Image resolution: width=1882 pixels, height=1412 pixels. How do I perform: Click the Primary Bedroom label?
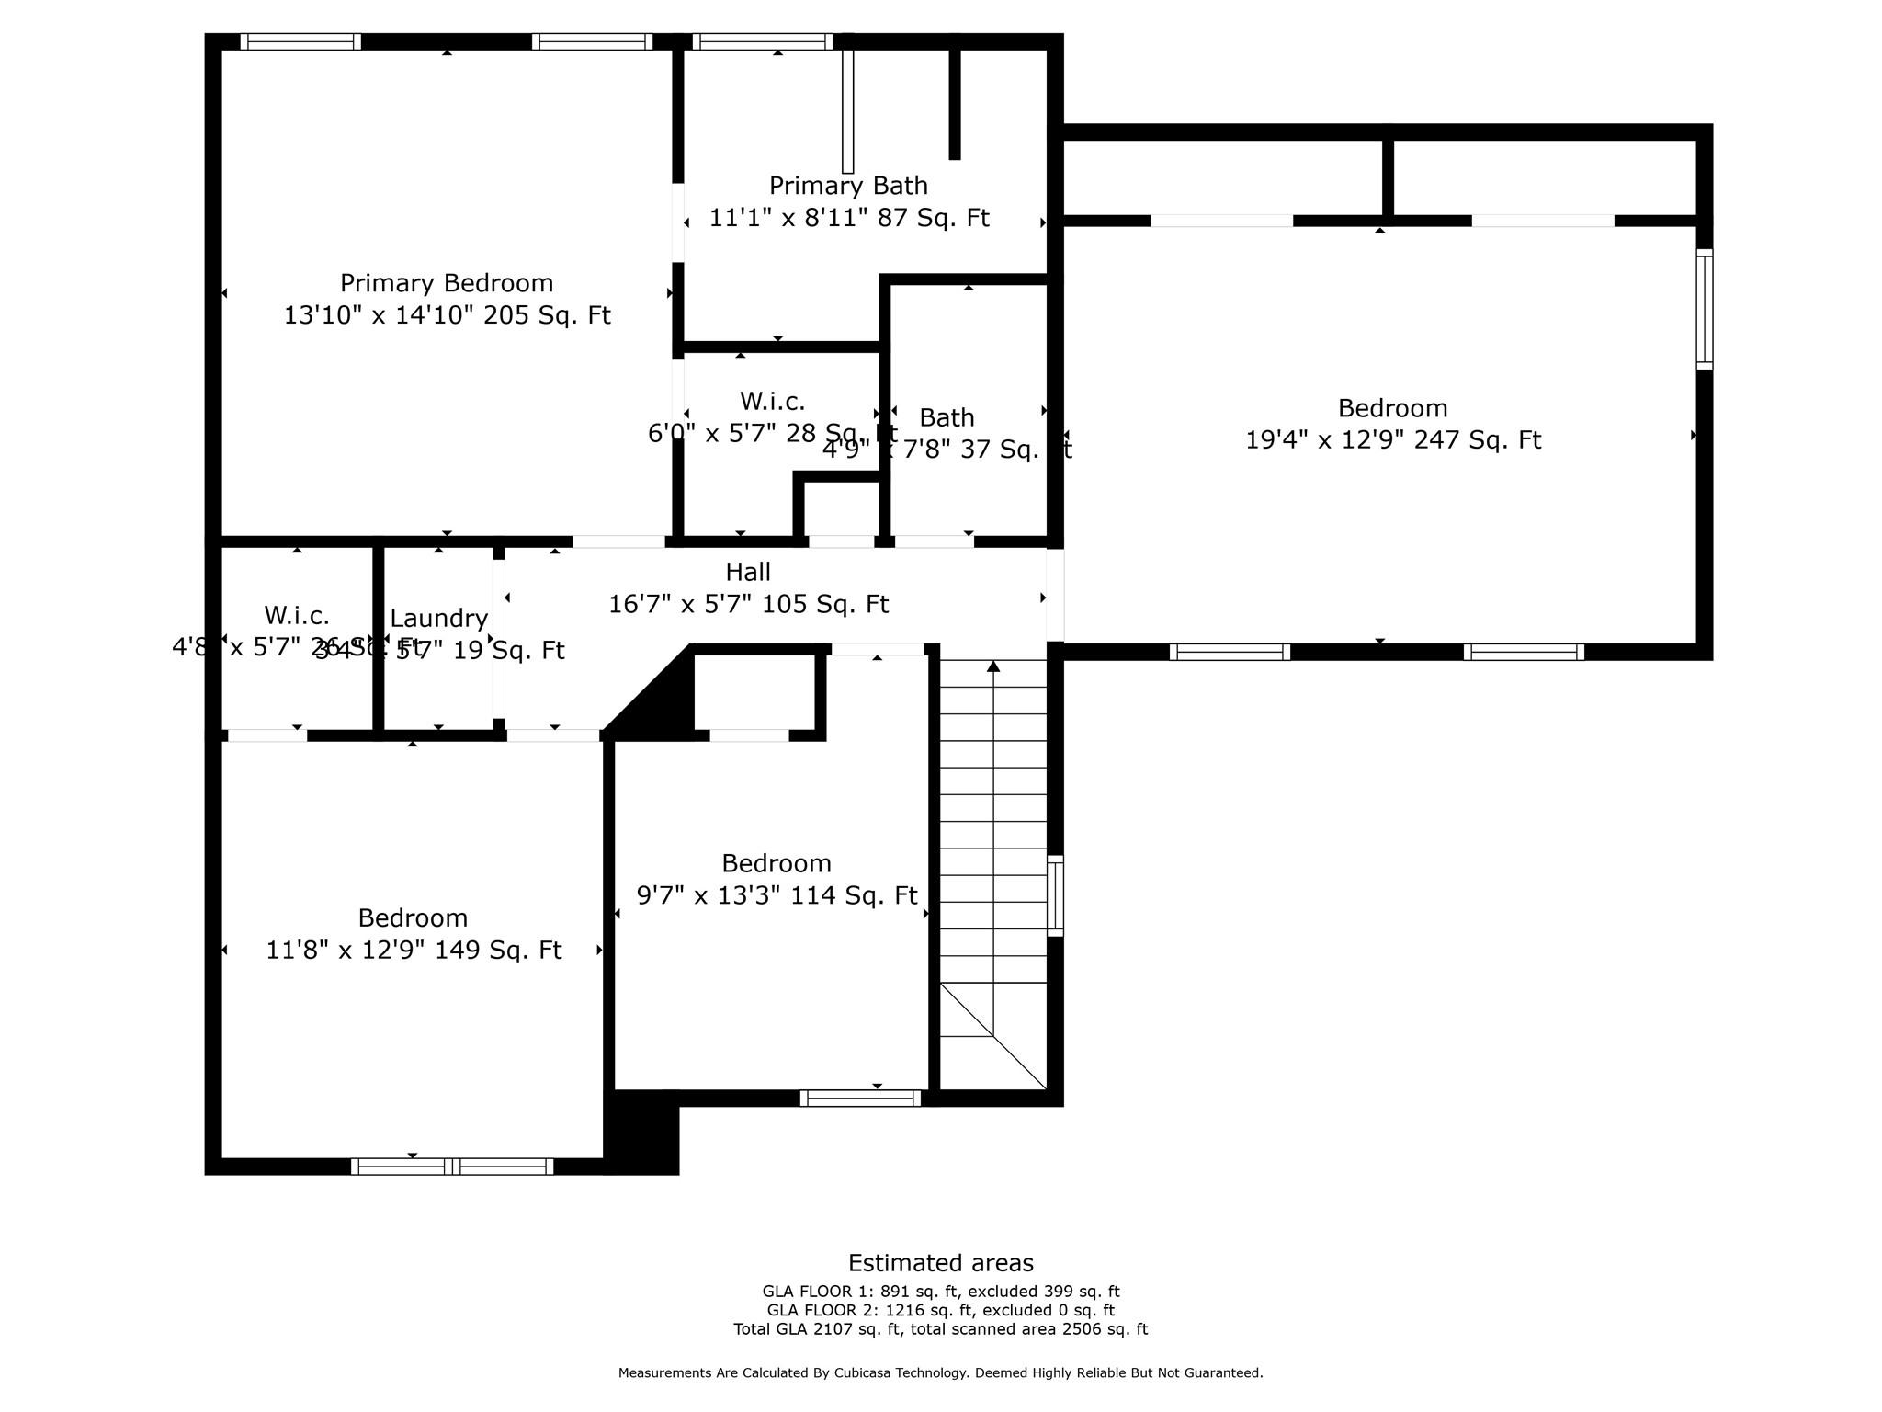pyautogui.click(x=447, y=283)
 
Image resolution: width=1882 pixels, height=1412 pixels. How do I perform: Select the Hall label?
pyautogui.click(x=747, y=572)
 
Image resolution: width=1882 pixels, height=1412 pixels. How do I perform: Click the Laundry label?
pyautogui.click(x=438, y=619)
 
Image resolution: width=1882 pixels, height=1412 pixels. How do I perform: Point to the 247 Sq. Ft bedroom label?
pyautogui.click(x=1392, y=408)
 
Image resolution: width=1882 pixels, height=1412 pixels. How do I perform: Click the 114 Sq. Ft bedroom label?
pyautogui.click(x=777, y=863)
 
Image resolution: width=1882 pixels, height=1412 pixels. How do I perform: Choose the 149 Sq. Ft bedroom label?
pyautogui.click(x=413, y=917)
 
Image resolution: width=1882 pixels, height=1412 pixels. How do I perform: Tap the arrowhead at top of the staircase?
pyautogui.click(x=993, y=666)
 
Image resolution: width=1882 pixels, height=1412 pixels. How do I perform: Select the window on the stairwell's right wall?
pyautogui.click(x=1056, y=895)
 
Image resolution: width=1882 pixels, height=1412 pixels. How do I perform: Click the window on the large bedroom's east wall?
pyautogui.click(x=1704, y=309)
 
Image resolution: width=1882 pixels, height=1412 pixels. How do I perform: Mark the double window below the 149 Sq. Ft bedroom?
pyautogui.click(x=452, y=1167)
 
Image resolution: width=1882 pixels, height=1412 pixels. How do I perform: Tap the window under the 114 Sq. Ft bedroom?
pyautogui.click(x=860, y=1098)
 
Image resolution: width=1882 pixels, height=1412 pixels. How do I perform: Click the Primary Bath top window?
pyautogui.click(x=762, y=41)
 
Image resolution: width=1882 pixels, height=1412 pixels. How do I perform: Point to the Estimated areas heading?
pyautogui.click(x=940, y=1263)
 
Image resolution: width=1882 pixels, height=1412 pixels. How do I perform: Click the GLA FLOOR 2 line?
pyautogui.click(x=940, y=1310)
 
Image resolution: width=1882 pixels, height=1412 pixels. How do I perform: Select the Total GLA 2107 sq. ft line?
pyautogui.click(x=940, y=1329)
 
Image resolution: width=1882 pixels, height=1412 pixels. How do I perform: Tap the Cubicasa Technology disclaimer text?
pyautogui.click(x=940, y=1373)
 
